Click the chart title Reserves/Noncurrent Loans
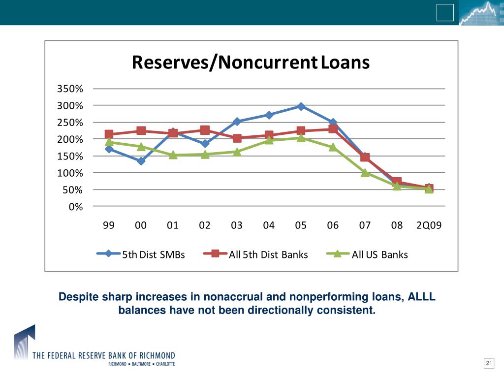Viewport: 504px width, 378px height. click(251, 63)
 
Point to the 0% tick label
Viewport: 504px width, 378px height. click(76, 207)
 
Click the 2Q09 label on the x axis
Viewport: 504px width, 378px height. click(429, 225)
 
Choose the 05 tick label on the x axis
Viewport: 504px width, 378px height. click(301, 225)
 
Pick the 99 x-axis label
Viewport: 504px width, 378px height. click(109, 225)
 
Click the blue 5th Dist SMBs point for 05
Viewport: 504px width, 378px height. click(301, 106)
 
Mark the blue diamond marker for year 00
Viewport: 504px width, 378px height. click(141, 161)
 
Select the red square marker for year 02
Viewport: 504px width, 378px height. click(205, 130)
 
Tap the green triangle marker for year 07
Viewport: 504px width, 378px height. click(365, 172)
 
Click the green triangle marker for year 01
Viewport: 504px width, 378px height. click(173, 155)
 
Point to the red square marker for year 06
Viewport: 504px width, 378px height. click(333, 129)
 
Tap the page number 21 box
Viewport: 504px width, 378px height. click(489, 364)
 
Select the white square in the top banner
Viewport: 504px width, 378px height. click(445, 13)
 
